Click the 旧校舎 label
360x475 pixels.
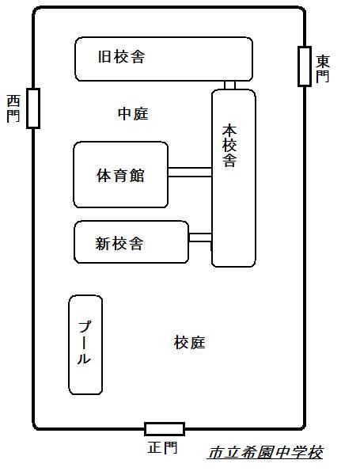[x=121, y=57]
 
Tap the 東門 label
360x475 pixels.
[x=323, y=69]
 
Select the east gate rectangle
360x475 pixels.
[x=305, y=66]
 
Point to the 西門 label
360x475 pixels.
[x=13, y=108]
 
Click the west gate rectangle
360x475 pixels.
[x=33, y=108]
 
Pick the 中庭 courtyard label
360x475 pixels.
[x=133, y=113]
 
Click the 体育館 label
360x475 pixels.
[x=120, y=175]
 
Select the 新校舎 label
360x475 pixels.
[x=119, y=243]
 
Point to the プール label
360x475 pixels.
[x=84, y=342]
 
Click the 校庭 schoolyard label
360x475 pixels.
[x=190, y=342]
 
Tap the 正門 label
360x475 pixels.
[x=162, y=447]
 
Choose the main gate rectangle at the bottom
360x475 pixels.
[x=165, y=429]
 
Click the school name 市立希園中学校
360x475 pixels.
[x=266, y=453]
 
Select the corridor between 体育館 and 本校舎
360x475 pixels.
[x=190, y=172]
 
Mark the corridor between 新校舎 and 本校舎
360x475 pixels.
[x=200, y=237]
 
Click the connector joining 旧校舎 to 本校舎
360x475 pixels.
[x=229, y=85]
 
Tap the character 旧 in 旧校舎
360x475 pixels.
[x=104, y=57]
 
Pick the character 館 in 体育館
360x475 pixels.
[x=137, y=175]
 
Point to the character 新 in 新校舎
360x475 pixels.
[x=103, y=243]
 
